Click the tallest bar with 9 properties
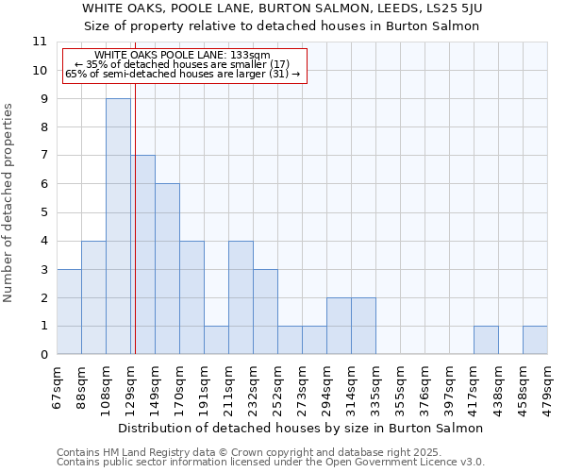pyautogui.click(x=118, y=227)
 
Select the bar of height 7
pyautogui.click(x=142, y=255)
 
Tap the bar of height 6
pyautogui.click(x=167, y=269)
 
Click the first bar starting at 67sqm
pyautogui.click(x=69, y=312)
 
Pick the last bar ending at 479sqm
pyautogui.click(x=535, y=340)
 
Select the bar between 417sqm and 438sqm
pyautogui.click(x=486, y=340)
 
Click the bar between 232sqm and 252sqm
pyautogui.click(x=265, y=312)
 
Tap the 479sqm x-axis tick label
pyautogui.click(x=548, y=386)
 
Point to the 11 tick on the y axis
pyautogui.click(x=40, y=42)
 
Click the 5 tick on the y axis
pyautogui.click(x=43, y=212)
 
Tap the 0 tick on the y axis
pyautogui.click(x=43, y=355)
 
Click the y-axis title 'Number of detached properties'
pyautogui.click(x=9, y=202)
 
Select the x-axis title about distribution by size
pyautogui.click(x=301, y=428)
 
